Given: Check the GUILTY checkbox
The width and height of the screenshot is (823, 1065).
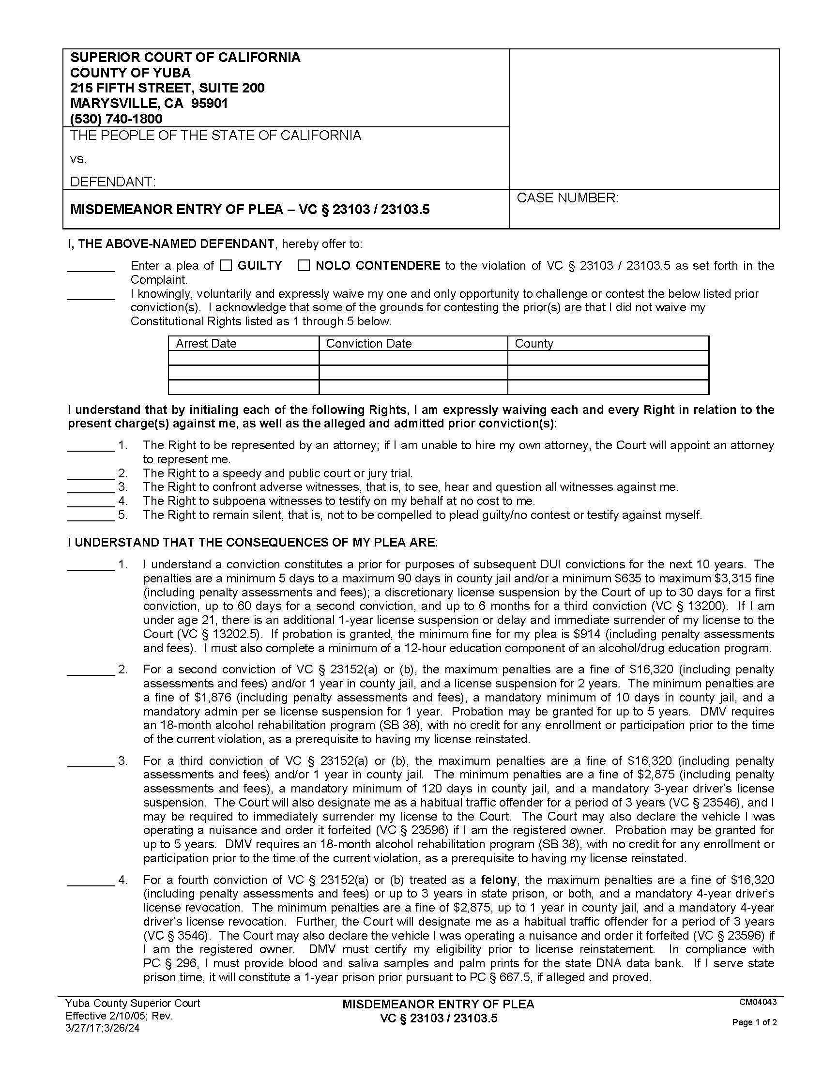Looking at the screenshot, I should (225, 266).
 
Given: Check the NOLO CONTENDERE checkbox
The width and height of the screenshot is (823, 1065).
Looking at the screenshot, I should (304, 266).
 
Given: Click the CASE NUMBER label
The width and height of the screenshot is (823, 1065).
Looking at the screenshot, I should (567, 198).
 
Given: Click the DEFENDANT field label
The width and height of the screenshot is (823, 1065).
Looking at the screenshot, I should (113, 182).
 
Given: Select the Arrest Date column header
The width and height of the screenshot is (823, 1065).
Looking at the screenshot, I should (206, 344).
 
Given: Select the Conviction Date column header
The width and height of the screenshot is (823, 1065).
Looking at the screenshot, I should (368, 344).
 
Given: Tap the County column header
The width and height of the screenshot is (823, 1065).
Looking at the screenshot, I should (534, 344).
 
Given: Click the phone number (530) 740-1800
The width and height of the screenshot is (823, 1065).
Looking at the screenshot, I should (116, 119).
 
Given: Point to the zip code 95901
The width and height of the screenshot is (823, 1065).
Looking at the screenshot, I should (210, 104).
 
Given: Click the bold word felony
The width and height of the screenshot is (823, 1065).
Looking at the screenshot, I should (498, 880).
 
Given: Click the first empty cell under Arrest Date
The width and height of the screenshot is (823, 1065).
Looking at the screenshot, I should (244, 358).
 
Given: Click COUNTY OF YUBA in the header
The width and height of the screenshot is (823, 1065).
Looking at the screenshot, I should (131, 73).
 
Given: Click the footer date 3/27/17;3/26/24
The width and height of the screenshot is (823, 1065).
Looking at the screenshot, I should (102, 1028).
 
